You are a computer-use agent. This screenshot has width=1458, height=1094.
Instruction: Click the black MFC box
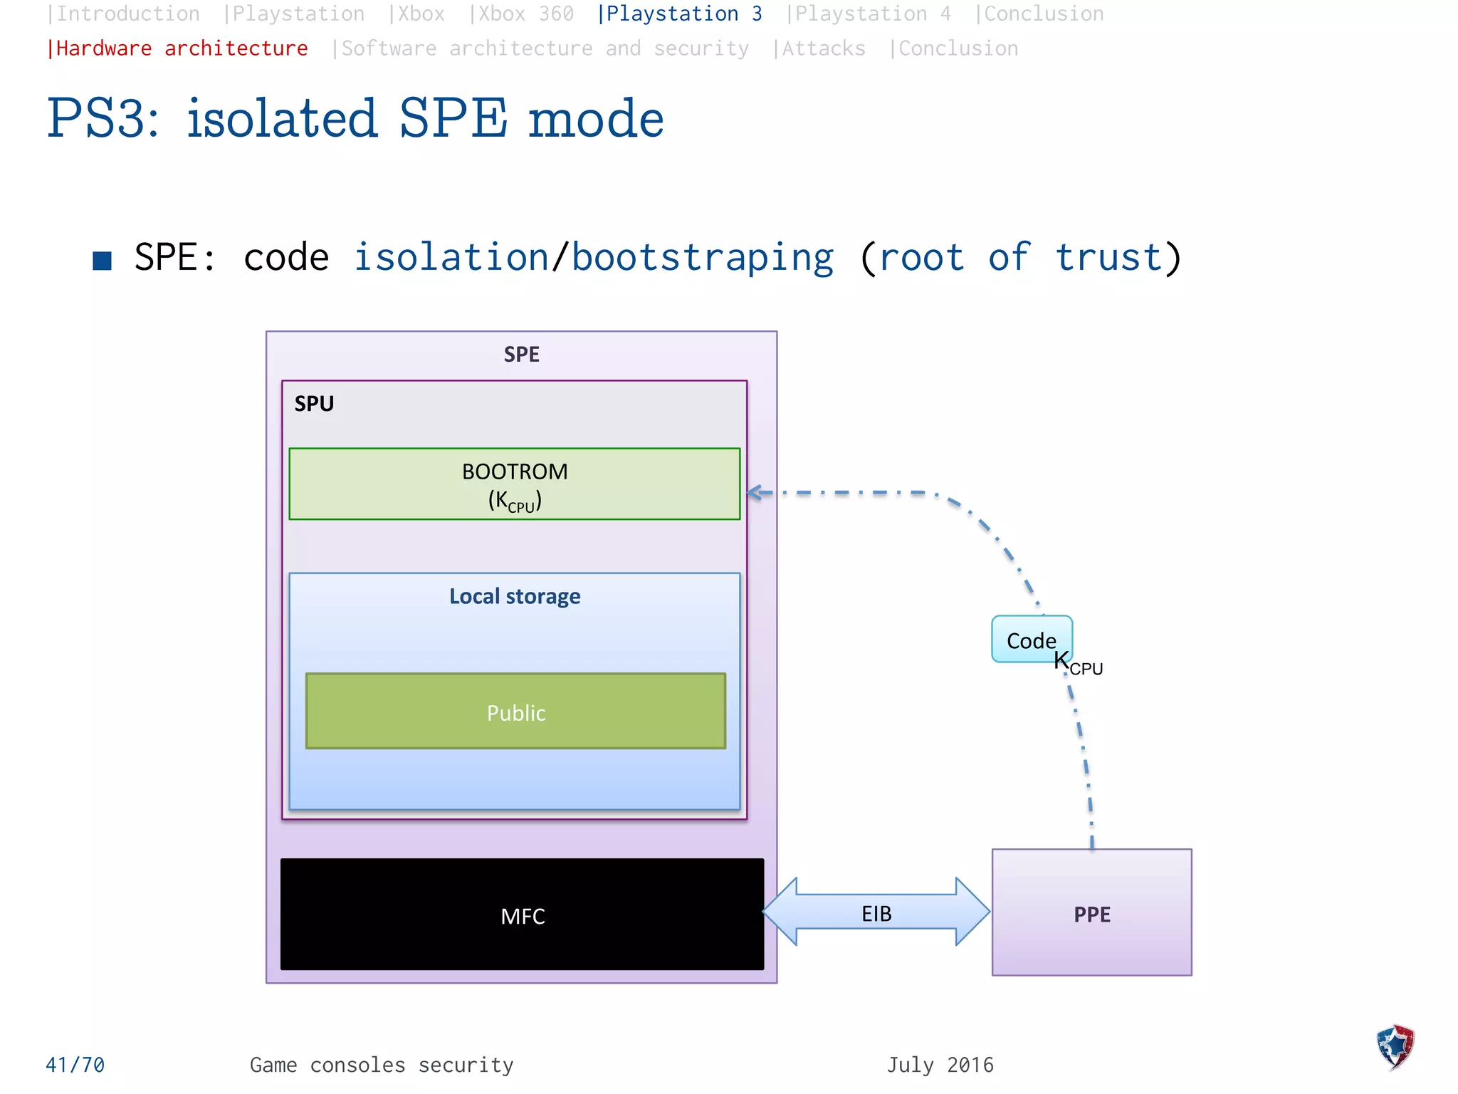522,915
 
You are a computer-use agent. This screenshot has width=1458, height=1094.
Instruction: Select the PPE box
1091,913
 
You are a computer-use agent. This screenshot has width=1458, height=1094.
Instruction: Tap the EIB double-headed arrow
876,913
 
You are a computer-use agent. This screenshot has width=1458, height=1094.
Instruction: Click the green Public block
515,712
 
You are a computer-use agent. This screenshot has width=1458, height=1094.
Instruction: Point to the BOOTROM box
514,484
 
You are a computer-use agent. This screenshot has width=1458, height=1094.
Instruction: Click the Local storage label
514,596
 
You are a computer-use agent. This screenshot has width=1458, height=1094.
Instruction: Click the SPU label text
314,404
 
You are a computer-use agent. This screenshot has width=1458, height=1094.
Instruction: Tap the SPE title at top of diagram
521,354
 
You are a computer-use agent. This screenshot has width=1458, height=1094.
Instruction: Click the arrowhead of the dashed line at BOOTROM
755,492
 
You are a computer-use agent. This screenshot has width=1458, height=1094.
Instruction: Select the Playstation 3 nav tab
679,14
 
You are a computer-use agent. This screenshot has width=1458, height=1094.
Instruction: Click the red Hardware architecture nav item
177,48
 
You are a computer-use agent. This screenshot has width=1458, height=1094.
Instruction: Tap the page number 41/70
75,1065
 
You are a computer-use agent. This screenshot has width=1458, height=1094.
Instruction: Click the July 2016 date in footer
940,1065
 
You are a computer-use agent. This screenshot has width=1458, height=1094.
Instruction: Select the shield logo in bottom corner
1395,1046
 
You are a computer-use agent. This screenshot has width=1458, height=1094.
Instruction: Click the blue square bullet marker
103,261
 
